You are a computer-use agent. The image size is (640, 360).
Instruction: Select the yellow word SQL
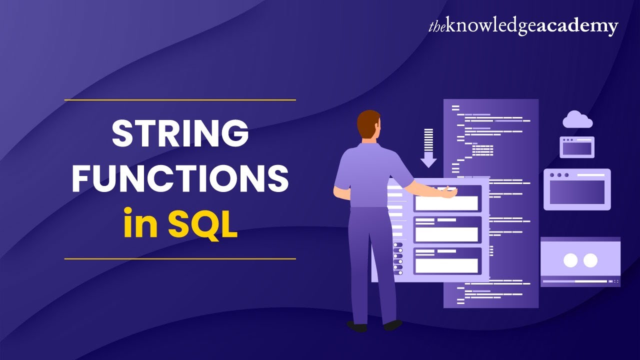202,224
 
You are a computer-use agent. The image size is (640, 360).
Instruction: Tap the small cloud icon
577,120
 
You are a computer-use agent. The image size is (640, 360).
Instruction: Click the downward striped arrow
428,148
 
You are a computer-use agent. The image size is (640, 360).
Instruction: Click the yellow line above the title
180,100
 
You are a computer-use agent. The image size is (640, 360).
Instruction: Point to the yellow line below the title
180,259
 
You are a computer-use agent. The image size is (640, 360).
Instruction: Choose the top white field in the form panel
446,203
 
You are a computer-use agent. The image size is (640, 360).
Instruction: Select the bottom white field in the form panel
446,265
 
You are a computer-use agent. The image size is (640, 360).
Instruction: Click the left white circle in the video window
570,260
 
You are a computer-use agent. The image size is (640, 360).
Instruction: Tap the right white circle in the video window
590,260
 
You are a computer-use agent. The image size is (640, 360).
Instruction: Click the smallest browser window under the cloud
577,147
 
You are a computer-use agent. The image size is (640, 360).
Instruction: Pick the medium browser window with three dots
577,189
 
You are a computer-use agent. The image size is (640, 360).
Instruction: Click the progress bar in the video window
575,281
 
